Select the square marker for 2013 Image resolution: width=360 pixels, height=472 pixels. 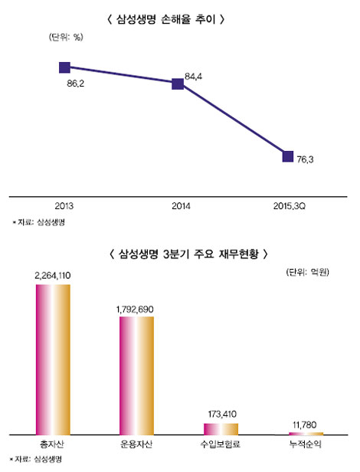(x=65, y=67)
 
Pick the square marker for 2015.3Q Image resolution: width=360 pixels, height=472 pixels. (x=289, y=156)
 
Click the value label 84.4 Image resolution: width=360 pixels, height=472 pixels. (x=194, y=76)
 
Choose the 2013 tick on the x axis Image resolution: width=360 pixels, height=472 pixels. (x=65, y=206)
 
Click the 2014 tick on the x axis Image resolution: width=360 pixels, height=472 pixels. (x=182, y=206)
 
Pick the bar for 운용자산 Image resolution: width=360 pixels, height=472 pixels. (x=136, y=375)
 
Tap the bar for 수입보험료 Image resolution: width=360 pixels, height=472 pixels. (x=221, y=428)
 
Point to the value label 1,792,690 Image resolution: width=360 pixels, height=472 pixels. (x=136, y=309)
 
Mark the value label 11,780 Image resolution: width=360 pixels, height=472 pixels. (x=306, y=423)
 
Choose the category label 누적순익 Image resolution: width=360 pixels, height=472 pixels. (x=306, y=444)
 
